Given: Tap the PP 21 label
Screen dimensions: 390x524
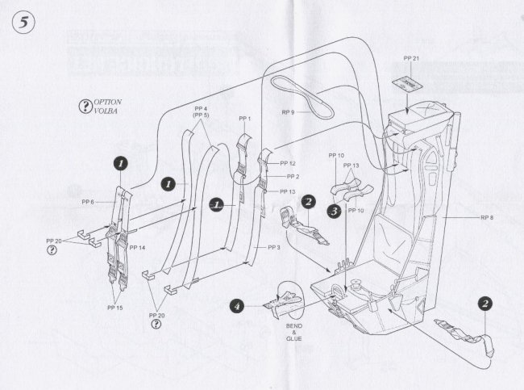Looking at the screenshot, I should (x=411, y=60).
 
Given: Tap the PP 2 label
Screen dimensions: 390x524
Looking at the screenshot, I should (x=292, y=176).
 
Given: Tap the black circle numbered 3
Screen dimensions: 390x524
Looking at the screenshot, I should (x=333, y=211).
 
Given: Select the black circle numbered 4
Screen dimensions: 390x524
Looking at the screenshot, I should (x=237, y=306).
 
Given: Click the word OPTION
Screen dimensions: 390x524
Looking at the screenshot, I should (x=108, y=103).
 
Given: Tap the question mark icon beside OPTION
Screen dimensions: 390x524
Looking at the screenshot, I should (x=84, y=107).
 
